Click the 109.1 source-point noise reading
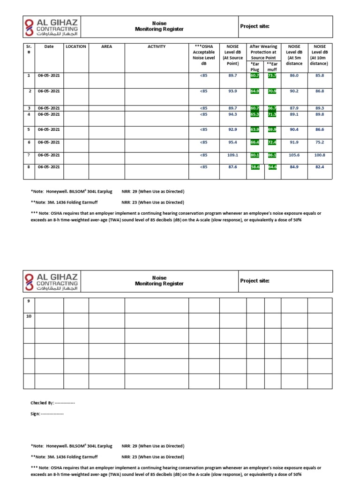(x=233, y=155)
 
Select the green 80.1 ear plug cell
(x=255, y=155)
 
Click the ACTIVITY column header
(x=157, y=47)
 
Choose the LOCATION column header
(x=76, y=47)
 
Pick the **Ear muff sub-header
(x=272, y=66)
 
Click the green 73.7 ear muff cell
(x=272, y=75)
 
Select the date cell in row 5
(x=49, y=129)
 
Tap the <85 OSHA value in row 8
(x=203, y=167)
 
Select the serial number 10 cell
(x=29, y=316)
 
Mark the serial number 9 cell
(x=28, y=301)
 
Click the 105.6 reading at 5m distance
(x=294, y=155)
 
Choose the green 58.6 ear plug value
(x=255, y=167)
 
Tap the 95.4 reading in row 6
(x=233, y=142)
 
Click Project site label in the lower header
(x=255, y=281)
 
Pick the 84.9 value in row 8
(x=294, y=167)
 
